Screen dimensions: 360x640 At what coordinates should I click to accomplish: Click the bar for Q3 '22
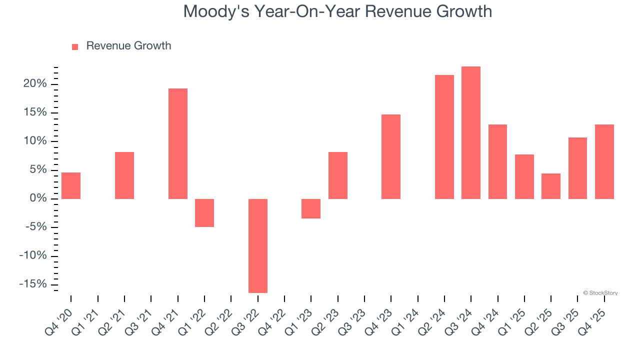[258, 245]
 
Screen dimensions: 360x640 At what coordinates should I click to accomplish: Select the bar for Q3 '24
[471, 132]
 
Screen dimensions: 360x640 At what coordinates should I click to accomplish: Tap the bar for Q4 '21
[178, 143]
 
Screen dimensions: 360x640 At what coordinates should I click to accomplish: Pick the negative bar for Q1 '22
[204, 213]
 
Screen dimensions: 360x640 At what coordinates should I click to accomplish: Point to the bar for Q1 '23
[311, 208]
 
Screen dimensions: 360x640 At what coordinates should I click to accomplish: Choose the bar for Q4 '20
[71, 185]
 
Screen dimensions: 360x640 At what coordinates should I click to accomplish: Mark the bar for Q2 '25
[551, 186]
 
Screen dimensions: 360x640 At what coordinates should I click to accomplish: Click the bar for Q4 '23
[391, 156]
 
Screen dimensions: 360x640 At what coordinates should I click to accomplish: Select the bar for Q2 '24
[444, 137]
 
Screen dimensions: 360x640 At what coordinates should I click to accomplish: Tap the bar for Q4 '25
[604, 161]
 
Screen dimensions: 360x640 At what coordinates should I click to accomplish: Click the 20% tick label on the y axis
[35, 84]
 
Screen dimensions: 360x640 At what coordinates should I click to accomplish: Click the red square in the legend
[75, 47]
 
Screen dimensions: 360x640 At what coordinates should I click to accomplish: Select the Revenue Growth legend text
[128, 46]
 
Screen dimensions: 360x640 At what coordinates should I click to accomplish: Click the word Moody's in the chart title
[216, 11]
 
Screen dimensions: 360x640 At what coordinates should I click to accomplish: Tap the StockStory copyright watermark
[600, 293]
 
